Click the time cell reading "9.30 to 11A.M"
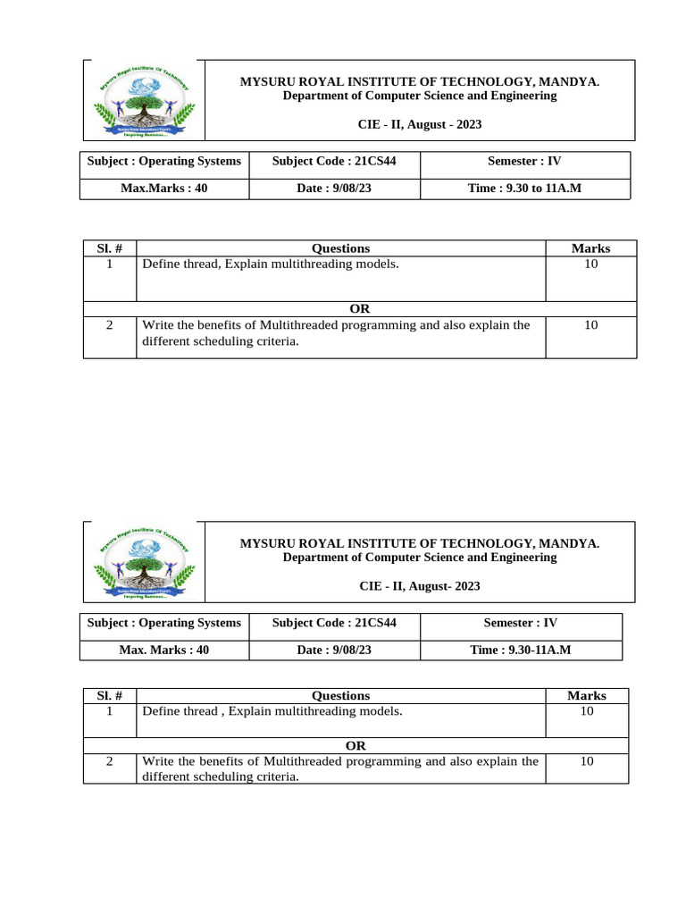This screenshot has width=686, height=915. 524,189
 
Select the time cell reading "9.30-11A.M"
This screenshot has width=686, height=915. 521,650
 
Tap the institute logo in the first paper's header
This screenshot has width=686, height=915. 144,100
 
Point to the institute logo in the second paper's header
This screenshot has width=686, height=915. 144,561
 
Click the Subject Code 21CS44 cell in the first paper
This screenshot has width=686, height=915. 334,161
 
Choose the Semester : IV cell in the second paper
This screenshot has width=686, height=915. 521,623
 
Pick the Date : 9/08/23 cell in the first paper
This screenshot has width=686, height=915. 334,189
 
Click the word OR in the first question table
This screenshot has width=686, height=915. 359,309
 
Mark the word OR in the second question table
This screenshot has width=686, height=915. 356,745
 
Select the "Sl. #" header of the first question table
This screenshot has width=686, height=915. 109,248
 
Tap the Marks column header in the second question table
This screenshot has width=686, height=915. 586,695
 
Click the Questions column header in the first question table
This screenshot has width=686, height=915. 340,248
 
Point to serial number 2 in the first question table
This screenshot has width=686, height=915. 109,325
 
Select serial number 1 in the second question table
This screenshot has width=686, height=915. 109,711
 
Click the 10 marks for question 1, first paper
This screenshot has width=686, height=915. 590,264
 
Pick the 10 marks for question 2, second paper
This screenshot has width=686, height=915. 586,761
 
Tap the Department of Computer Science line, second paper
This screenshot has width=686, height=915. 420,557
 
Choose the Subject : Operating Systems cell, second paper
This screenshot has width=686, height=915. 164,623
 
